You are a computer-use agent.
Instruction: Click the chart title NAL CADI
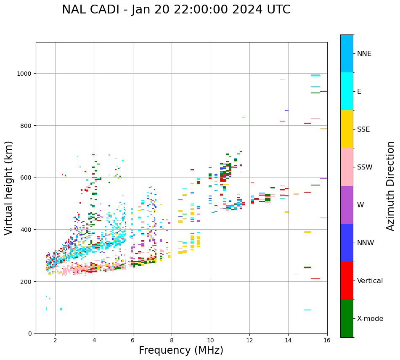click(x=176, y=10)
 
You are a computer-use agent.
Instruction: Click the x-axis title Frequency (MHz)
click(x=181, y=350)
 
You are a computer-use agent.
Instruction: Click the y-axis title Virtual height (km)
click(x=9, y=188)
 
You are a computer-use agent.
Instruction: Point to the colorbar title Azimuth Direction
click(x=391, y=186)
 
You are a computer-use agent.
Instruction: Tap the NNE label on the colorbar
click(x=364, y=53)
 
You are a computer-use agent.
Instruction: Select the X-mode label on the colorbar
click(x=370, y=319)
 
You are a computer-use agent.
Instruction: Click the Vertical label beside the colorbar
click(x=370, y=281)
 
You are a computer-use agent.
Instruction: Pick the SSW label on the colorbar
click(x=365, y=167)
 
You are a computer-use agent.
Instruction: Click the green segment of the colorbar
click(x=347, y=318)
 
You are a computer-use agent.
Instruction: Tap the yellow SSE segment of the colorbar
click(x=347, y=129)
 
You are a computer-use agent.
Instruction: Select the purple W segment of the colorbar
click(x=347, y=205)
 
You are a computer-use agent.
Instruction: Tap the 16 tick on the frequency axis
click(x=327, y=340)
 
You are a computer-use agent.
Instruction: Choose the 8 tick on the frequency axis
click(x=172, y=340)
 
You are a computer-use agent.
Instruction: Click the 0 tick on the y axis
click(x=30, y=334)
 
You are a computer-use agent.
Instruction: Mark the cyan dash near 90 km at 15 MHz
click(x=307, y=310)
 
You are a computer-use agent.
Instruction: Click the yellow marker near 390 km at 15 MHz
click(x=307, y=232)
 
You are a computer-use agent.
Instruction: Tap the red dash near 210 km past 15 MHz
click(x=315, y=279)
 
